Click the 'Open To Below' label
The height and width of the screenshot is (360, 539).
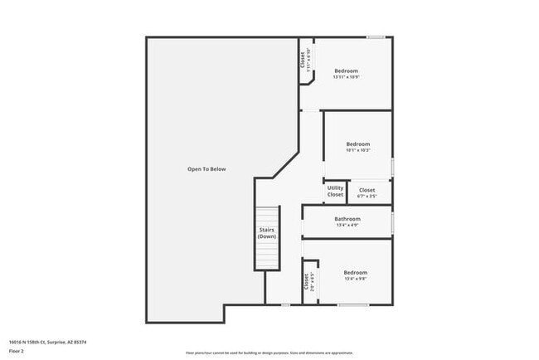[206, 169]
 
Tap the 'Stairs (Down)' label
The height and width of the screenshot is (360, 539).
[266, 233]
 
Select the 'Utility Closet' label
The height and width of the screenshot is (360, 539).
[335, 192]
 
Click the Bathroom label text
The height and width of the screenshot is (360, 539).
[347, 219]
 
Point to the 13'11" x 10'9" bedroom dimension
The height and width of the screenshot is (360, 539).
[347, 77]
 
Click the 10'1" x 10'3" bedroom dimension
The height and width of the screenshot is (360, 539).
[357, 150]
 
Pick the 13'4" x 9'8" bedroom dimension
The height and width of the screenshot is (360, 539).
[355, 279]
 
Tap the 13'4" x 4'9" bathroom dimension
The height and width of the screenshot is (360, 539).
[347, 225]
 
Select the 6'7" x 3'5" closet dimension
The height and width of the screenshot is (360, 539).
[367, 197]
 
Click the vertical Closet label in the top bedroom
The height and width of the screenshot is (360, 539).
[303, 61]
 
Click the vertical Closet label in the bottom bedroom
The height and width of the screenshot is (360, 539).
[306, 282]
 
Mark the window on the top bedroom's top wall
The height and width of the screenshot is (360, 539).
[376, 36]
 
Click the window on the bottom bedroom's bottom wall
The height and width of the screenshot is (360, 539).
[353, 304]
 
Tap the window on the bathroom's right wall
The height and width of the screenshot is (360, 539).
[392, 222]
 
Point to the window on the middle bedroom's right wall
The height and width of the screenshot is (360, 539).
[392, 165]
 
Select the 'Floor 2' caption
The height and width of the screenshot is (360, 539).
[17, 351]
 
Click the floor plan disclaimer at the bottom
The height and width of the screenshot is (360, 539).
[269, 353]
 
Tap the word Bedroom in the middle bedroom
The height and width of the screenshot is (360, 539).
[357, 144]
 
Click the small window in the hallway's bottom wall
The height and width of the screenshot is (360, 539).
[285, 304]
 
